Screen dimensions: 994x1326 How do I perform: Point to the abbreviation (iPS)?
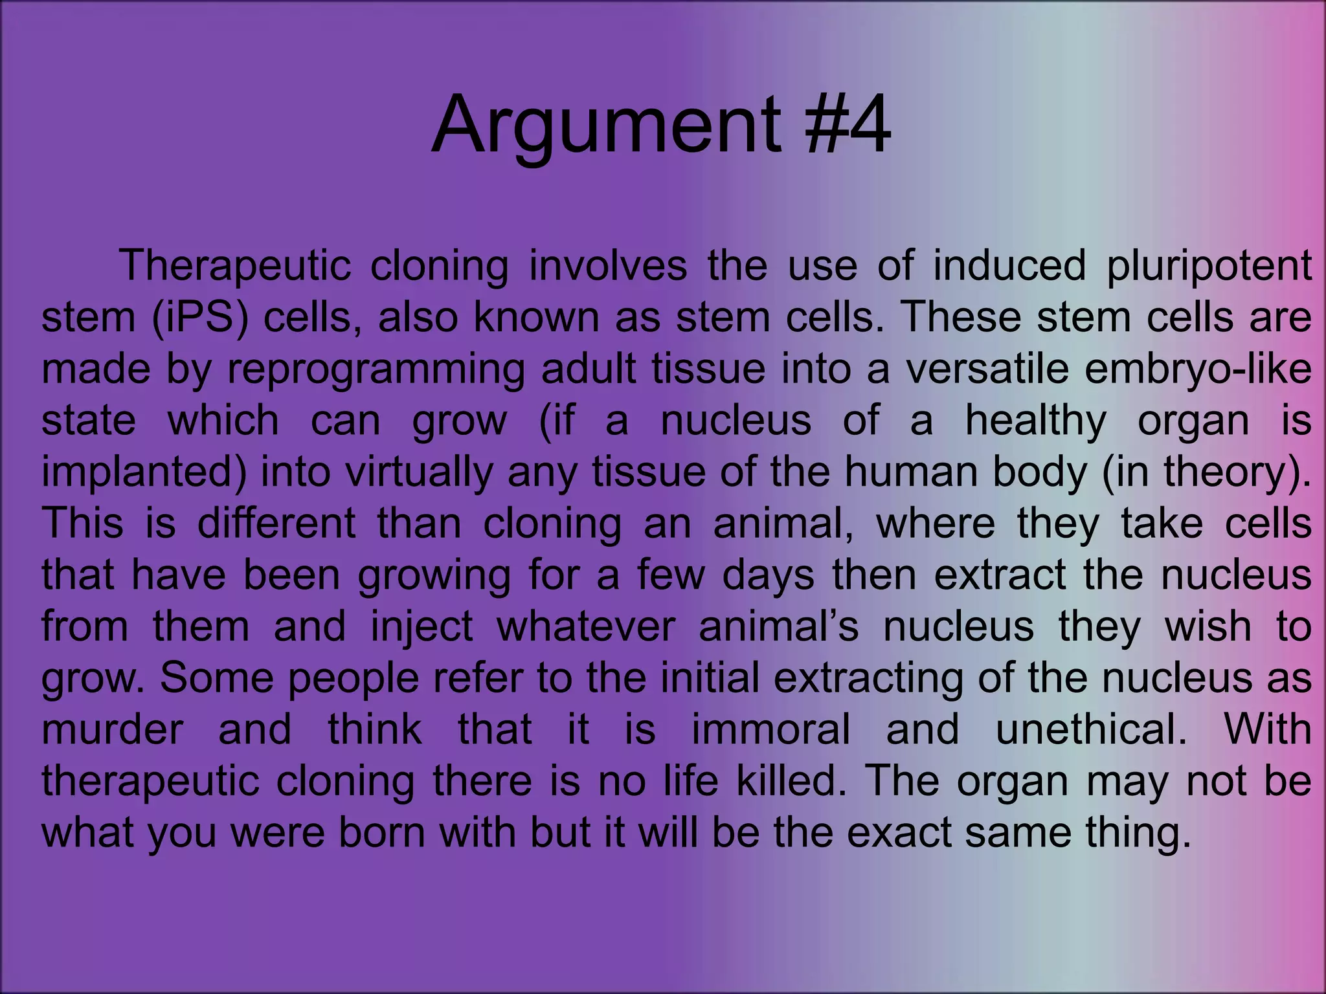[x=200, y=318]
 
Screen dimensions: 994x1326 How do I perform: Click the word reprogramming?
[x=376, y=370]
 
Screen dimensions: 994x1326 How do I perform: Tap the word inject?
[x=421, y=627]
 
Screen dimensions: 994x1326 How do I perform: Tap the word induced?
[x=1009, y=265]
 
